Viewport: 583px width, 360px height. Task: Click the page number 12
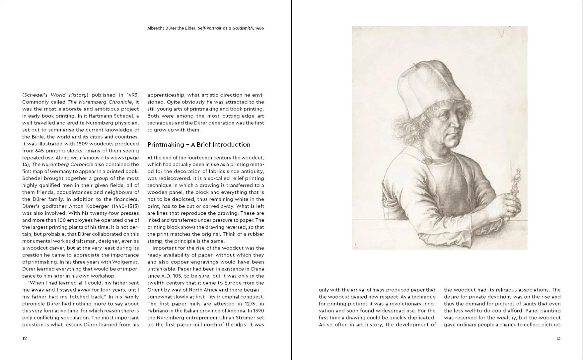coord(24,338)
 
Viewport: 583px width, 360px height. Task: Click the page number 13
coord(558,338)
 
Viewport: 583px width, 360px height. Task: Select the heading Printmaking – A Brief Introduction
coord(199,145)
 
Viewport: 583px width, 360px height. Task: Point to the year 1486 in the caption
coord(259,28)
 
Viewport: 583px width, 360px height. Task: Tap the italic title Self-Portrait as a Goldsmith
coord(225,28)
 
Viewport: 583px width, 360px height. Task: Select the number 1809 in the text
coord(83,144)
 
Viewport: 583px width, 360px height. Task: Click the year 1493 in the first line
coord(133,95)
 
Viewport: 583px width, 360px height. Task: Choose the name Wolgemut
coord(125,262)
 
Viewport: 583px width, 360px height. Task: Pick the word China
coord(257,269)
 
